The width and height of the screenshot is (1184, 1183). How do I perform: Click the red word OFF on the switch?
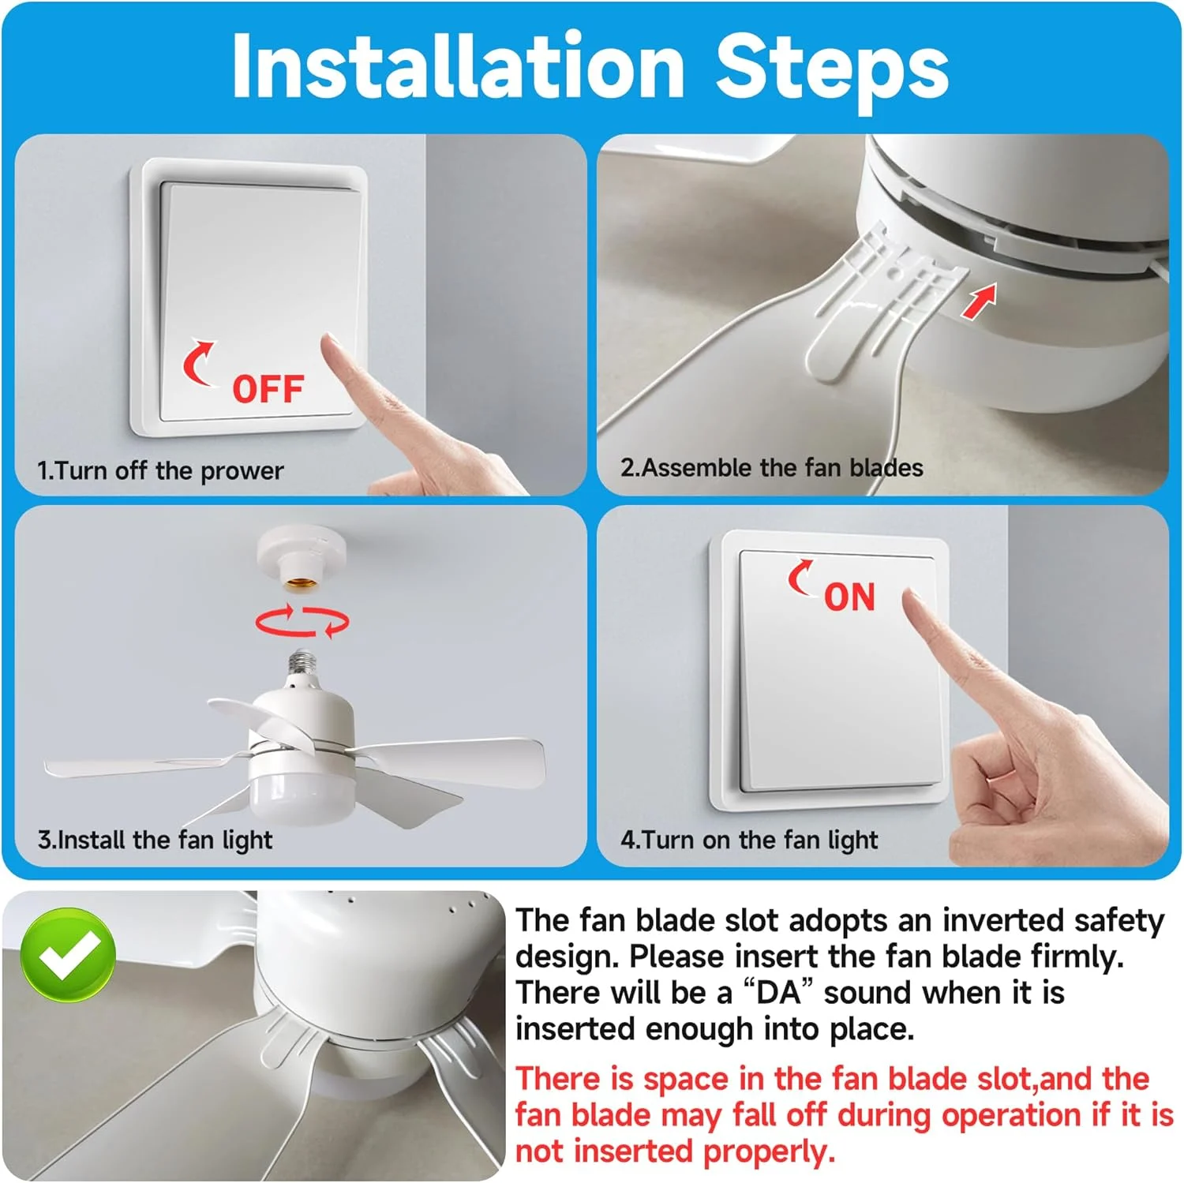tap(268, 389)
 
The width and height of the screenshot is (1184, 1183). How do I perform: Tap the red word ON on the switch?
tap(849, 597)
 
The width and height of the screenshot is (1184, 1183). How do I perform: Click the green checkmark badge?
tap(68, 955)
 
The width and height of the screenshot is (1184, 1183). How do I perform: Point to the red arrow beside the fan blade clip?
tap(979, 301)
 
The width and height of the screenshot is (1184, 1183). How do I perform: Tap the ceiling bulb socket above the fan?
tap(301, 561)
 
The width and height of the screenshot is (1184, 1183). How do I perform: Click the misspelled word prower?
tap(242, 471)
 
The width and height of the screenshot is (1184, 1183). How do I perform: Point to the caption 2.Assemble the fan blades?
tap(771, 468)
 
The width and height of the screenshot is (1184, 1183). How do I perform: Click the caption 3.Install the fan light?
tap(155, 840)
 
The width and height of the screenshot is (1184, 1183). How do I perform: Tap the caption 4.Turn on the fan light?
tap(749, 840)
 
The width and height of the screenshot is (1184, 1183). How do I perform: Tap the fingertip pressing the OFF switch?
tap(330, 343)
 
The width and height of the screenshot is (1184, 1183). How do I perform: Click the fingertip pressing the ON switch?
tap(912, 599)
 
